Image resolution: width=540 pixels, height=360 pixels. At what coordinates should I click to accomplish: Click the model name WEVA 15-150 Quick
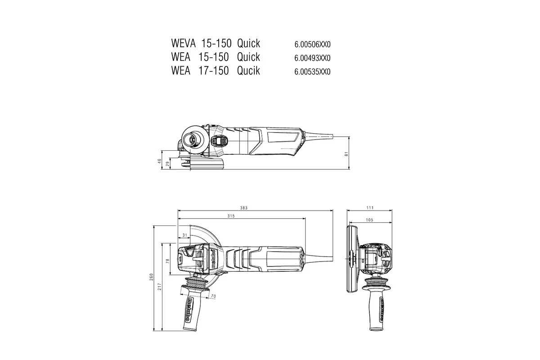click(x=216, y=44)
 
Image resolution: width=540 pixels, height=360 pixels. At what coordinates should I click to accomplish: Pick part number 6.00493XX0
click(x=312, y=58)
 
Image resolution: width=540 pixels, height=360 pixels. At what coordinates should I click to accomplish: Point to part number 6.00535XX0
click(x=312, y=72)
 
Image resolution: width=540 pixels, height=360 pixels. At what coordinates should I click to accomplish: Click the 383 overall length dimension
click(x=244, y=208)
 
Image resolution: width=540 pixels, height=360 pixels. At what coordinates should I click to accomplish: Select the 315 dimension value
click(x=231, y=216)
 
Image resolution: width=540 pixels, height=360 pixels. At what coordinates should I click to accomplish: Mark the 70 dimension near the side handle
click(x=213, y=297)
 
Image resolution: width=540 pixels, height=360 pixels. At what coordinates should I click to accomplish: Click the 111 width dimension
click(x=370, y=208)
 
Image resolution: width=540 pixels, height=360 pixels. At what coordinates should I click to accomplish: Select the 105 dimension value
click(x=370, y=220)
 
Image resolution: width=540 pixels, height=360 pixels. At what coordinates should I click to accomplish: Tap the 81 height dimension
click(x=346, y=153)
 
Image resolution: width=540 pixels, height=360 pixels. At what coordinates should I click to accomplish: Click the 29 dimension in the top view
click(x=168, y=165)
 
